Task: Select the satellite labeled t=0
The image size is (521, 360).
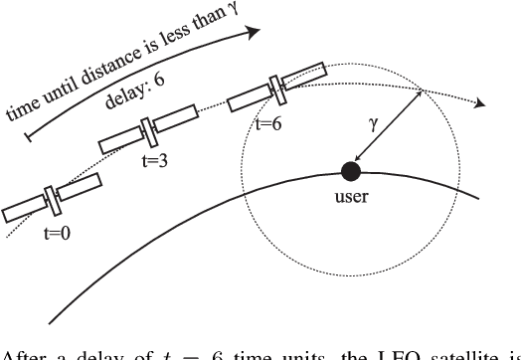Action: tap(53, 199)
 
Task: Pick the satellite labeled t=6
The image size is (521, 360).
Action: tap(279, 88)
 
